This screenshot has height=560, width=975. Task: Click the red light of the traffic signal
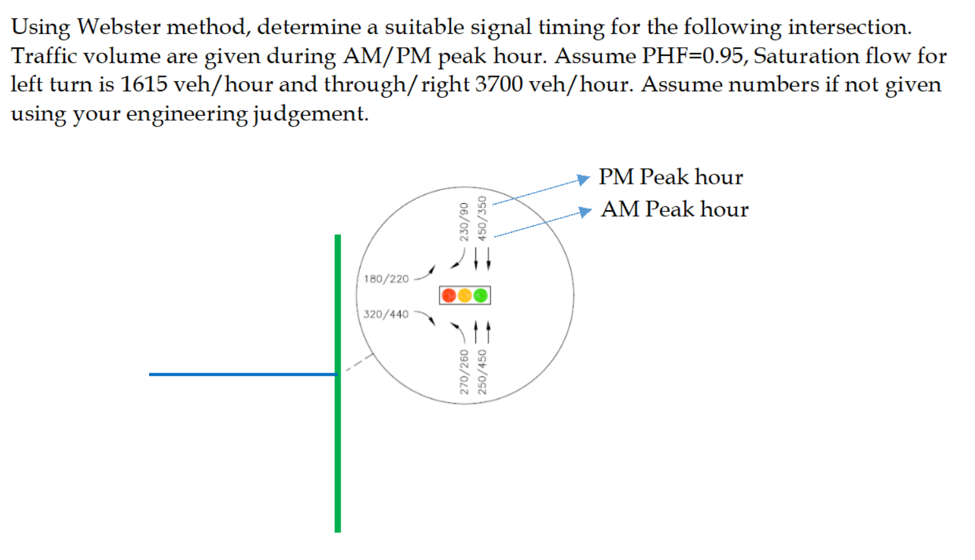point(448,295)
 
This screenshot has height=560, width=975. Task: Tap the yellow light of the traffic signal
point(465,295)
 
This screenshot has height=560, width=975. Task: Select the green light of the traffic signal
point(481,295)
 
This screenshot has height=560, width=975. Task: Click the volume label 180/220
point(386,279)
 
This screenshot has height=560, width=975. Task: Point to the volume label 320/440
point(386,314)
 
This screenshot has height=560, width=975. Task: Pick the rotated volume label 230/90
point(464,221)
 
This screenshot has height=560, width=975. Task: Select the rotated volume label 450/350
point(482,218)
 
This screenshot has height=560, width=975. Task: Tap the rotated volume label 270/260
point(464,372)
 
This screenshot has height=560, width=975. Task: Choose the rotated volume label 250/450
point(482,372)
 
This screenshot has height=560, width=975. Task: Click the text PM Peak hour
point(671,177)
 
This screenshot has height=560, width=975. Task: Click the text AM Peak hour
point(674,209)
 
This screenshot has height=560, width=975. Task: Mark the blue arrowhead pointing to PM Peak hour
point(584,179)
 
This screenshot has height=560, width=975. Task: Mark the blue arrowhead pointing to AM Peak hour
point(586,211)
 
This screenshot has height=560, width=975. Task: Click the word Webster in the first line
point(119,27)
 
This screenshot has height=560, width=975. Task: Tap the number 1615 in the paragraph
point(143,84)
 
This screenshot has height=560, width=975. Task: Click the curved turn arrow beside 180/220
point(426,273)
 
